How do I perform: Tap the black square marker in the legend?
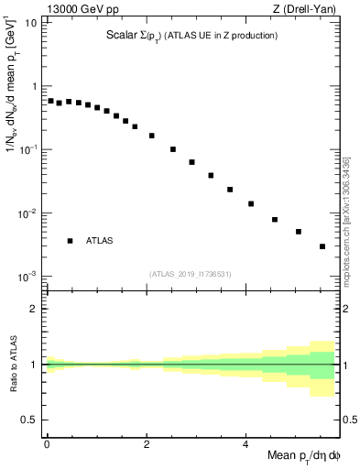tap(70, 241)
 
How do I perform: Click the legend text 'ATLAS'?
tap(100, 241)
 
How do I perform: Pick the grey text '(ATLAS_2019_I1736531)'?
tap(191, 274)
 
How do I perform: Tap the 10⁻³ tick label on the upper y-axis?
tap(28, 277)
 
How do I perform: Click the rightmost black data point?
tap(322, 246)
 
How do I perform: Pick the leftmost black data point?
tap(50, 101)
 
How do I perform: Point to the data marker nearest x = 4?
tap(251, 203)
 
